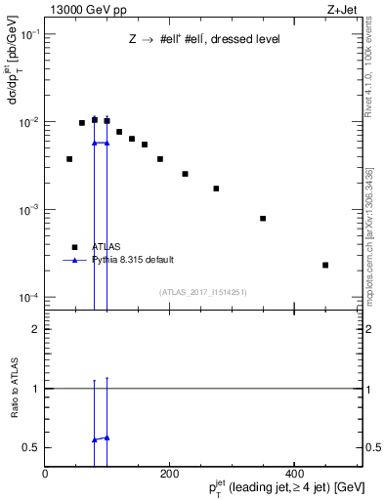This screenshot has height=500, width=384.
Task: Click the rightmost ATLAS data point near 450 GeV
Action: (x=325, y=265)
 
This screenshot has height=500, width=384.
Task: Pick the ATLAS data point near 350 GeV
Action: (x=263, y=218)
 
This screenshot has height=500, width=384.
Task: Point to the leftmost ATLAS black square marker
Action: (x=69, y=158)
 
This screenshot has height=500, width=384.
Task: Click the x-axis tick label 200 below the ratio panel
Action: (x=169, y=473)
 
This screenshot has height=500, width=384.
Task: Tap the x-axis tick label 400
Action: (x=294, y=473)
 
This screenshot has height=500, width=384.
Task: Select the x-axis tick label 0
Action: (x=45, y=473)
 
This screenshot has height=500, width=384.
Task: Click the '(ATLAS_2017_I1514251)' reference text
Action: (x=203, y=291)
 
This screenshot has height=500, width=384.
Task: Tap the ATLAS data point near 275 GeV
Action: (x=216, y=188)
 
